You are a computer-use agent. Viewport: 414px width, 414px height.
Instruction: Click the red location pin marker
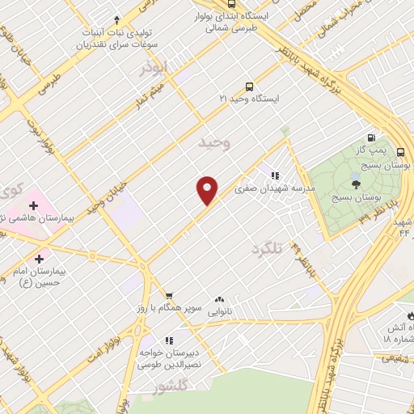click(x=208, y=189)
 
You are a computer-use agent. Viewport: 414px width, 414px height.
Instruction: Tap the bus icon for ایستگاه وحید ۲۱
click(x=249, y=87)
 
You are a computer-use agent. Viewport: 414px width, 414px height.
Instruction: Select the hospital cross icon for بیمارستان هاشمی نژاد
click(x=32, y=206)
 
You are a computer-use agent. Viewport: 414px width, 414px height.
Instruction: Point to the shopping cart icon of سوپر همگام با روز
click(x=168, y=296)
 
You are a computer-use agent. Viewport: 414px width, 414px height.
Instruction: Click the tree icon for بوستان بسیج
click(x=356, y=185)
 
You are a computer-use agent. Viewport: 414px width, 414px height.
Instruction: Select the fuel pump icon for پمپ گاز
click(x=371, y=137)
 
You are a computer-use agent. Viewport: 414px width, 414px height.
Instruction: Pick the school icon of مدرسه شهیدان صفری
click(x=275, y=175)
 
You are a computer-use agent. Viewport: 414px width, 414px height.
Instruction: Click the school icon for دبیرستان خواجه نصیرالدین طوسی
click(x=169, y=340)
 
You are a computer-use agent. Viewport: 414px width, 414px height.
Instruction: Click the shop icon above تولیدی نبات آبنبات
click(x=116, y=20)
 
